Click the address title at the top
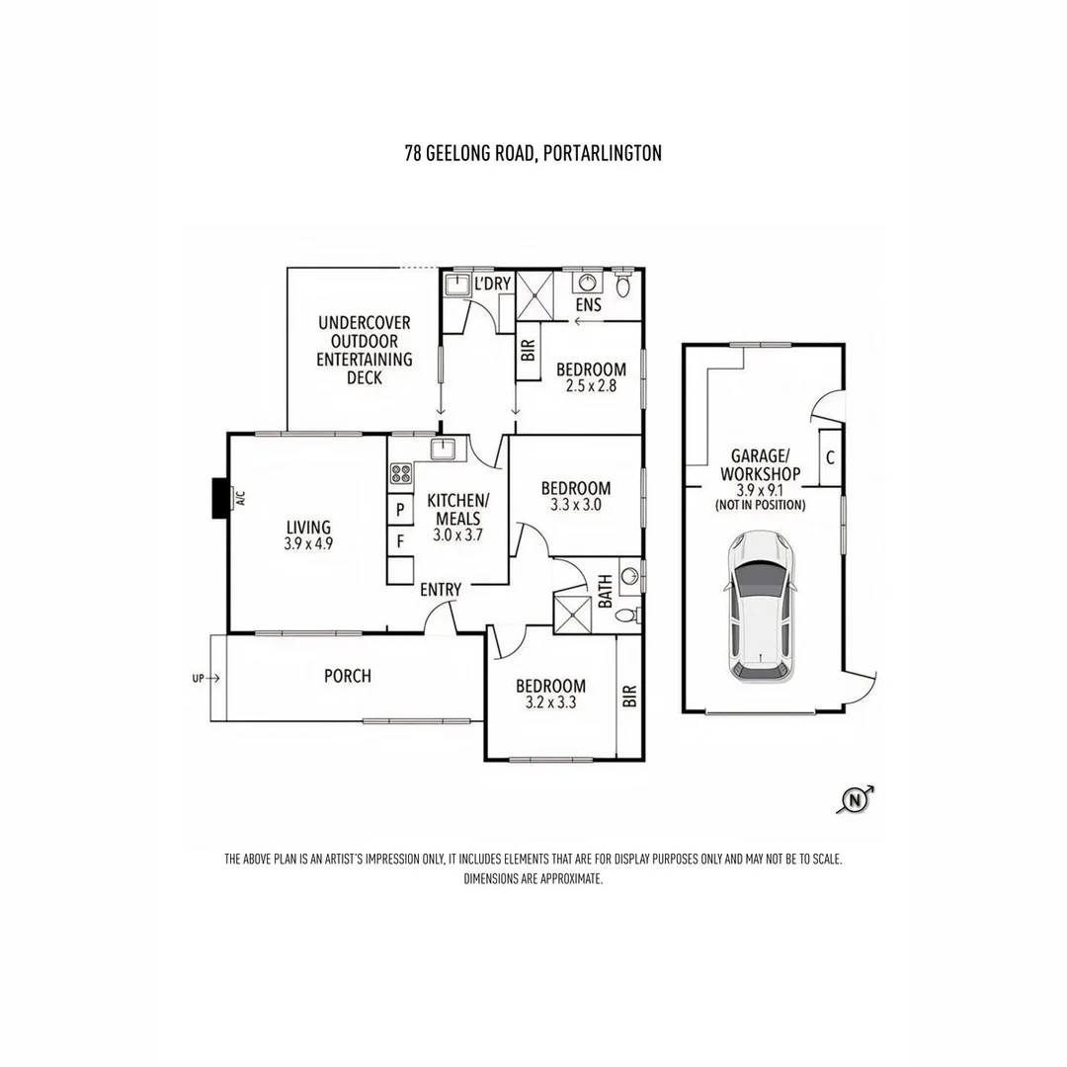pyautogui.click(x=533, y=153)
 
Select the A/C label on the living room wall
pyautogui.click(x=239, y=499)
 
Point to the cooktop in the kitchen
pyautogui.click(x=401, y=473)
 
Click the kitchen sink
pyautogui.click(x=444, y=450)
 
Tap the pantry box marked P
pyautogui.click(x=400, y=509)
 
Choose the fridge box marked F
pyautogui.click(x=400, y=541)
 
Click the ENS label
pyautogui.click(x=589, y=304)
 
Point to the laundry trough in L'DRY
pyautogui.click(x=455, y=285)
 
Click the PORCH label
pyautogui.click(x=348, y=676)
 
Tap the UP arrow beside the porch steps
pyautogui.click(x=206, y=678)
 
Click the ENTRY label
pyautogui.click(x=441, y=589)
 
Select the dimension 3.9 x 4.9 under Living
pyautogui.click(x=309, y=543)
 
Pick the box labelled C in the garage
pyautogui.click(x=830, y=458)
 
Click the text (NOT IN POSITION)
pyautogui.click(x=760, y=505)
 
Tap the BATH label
pyautogui.click(x=605, y=592)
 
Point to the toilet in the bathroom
pyautogui.click(x=626, y=616)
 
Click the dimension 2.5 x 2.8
pyautogui.click(x=591, y=386)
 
